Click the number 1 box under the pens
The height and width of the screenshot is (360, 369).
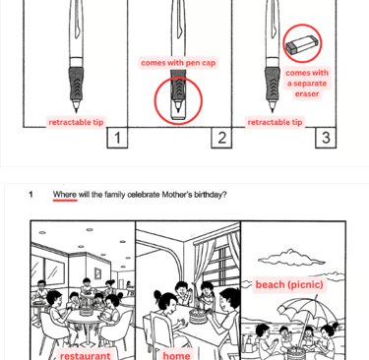point(117,138)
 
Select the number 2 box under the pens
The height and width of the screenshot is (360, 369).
point(221,138)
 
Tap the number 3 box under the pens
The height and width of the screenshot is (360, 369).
point(326,138)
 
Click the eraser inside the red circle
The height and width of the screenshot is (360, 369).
point(302,44)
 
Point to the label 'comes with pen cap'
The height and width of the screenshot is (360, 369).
point(178,63)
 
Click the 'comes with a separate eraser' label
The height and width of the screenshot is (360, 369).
point(307,84)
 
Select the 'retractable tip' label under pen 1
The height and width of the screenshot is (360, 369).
point(76,122)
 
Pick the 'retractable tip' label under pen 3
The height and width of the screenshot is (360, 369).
point(275,122)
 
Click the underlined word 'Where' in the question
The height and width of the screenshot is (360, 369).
point(65,195)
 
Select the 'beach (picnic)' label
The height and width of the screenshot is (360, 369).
point(289,284)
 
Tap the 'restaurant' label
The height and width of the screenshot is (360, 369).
point(86,355)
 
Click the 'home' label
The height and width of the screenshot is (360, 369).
point(176,355)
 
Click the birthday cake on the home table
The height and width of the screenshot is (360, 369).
point(199,316)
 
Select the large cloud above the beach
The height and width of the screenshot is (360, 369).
point(291,258)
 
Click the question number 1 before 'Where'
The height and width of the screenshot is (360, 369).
point(31,195)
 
